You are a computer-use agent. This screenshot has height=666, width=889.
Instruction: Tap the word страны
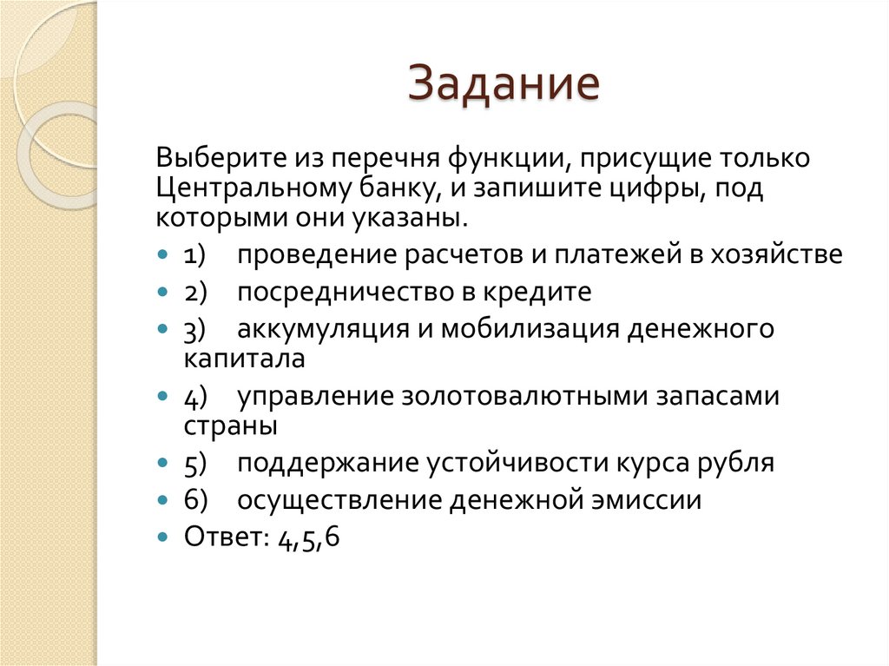[230, 425]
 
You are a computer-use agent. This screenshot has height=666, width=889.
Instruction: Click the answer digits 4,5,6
[309, 538]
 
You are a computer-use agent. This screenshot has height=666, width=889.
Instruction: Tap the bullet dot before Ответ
[164, 538]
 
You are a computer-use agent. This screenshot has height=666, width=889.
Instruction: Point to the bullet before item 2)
[164, 293]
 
